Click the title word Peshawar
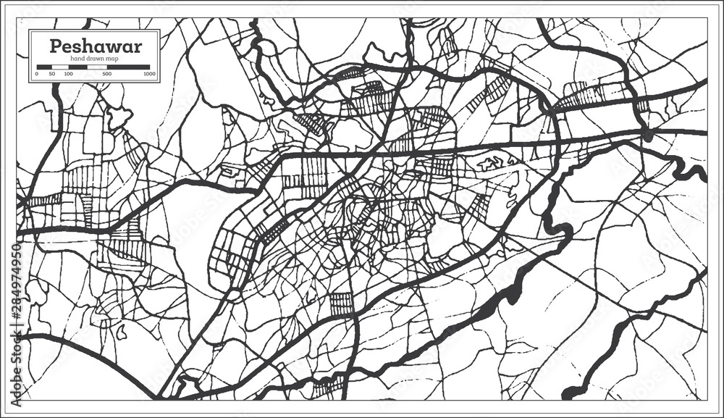(95, 46)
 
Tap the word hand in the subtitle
(77, 59)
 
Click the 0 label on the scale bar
(36, 74)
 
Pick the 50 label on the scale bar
(51, 74)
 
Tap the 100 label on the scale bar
(68, 74)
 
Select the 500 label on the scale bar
(106, 74)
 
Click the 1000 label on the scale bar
(149, 74)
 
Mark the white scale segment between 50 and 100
(59, 67)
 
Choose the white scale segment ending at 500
(97, 67)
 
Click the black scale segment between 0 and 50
(43, 67)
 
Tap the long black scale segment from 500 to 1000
(128, 67)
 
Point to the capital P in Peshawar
(55, 46)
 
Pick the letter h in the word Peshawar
(85, 46)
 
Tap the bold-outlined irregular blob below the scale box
(119, 116)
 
